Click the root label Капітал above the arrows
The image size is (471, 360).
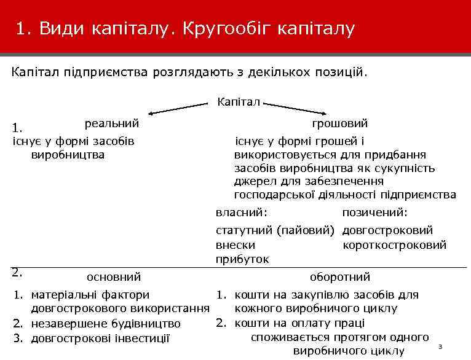click(239, 101)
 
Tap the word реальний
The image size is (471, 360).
click(111, 123)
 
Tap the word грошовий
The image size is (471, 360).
click(339, 123)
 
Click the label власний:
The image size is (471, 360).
click(241, 212)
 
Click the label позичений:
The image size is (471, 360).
click(374, 212)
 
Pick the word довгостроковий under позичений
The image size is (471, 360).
click(387, 231)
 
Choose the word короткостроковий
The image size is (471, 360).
click(394, 245)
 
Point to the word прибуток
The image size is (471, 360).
click(242, 259)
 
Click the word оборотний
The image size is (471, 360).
click(340, 278)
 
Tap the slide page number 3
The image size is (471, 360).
click(440, 348)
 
